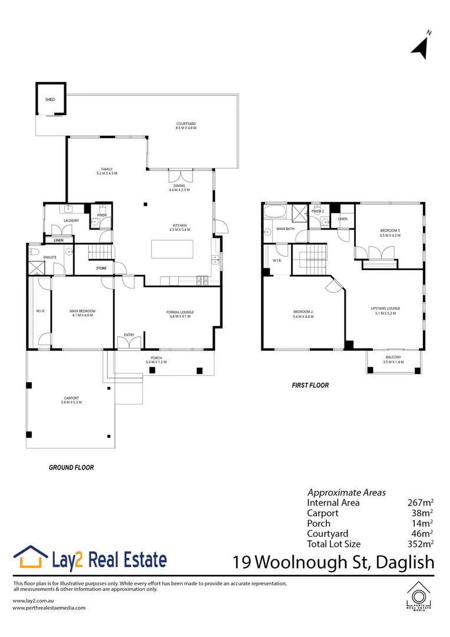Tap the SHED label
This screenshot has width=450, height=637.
(x=50, y=100)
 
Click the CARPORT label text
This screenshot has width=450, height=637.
(x=72, y=400)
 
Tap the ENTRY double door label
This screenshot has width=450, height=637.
(x=129, y=335)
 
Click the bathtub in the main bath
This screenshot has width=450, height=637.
(x=275, y=212)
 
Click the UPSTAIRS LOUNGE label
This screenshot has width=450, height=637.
(x=386, y=310)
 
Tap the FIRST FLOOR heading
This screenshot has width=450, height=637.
(x=310, y=385)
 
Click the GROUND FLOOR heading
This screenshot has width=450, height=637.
(x=71, y=467)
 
